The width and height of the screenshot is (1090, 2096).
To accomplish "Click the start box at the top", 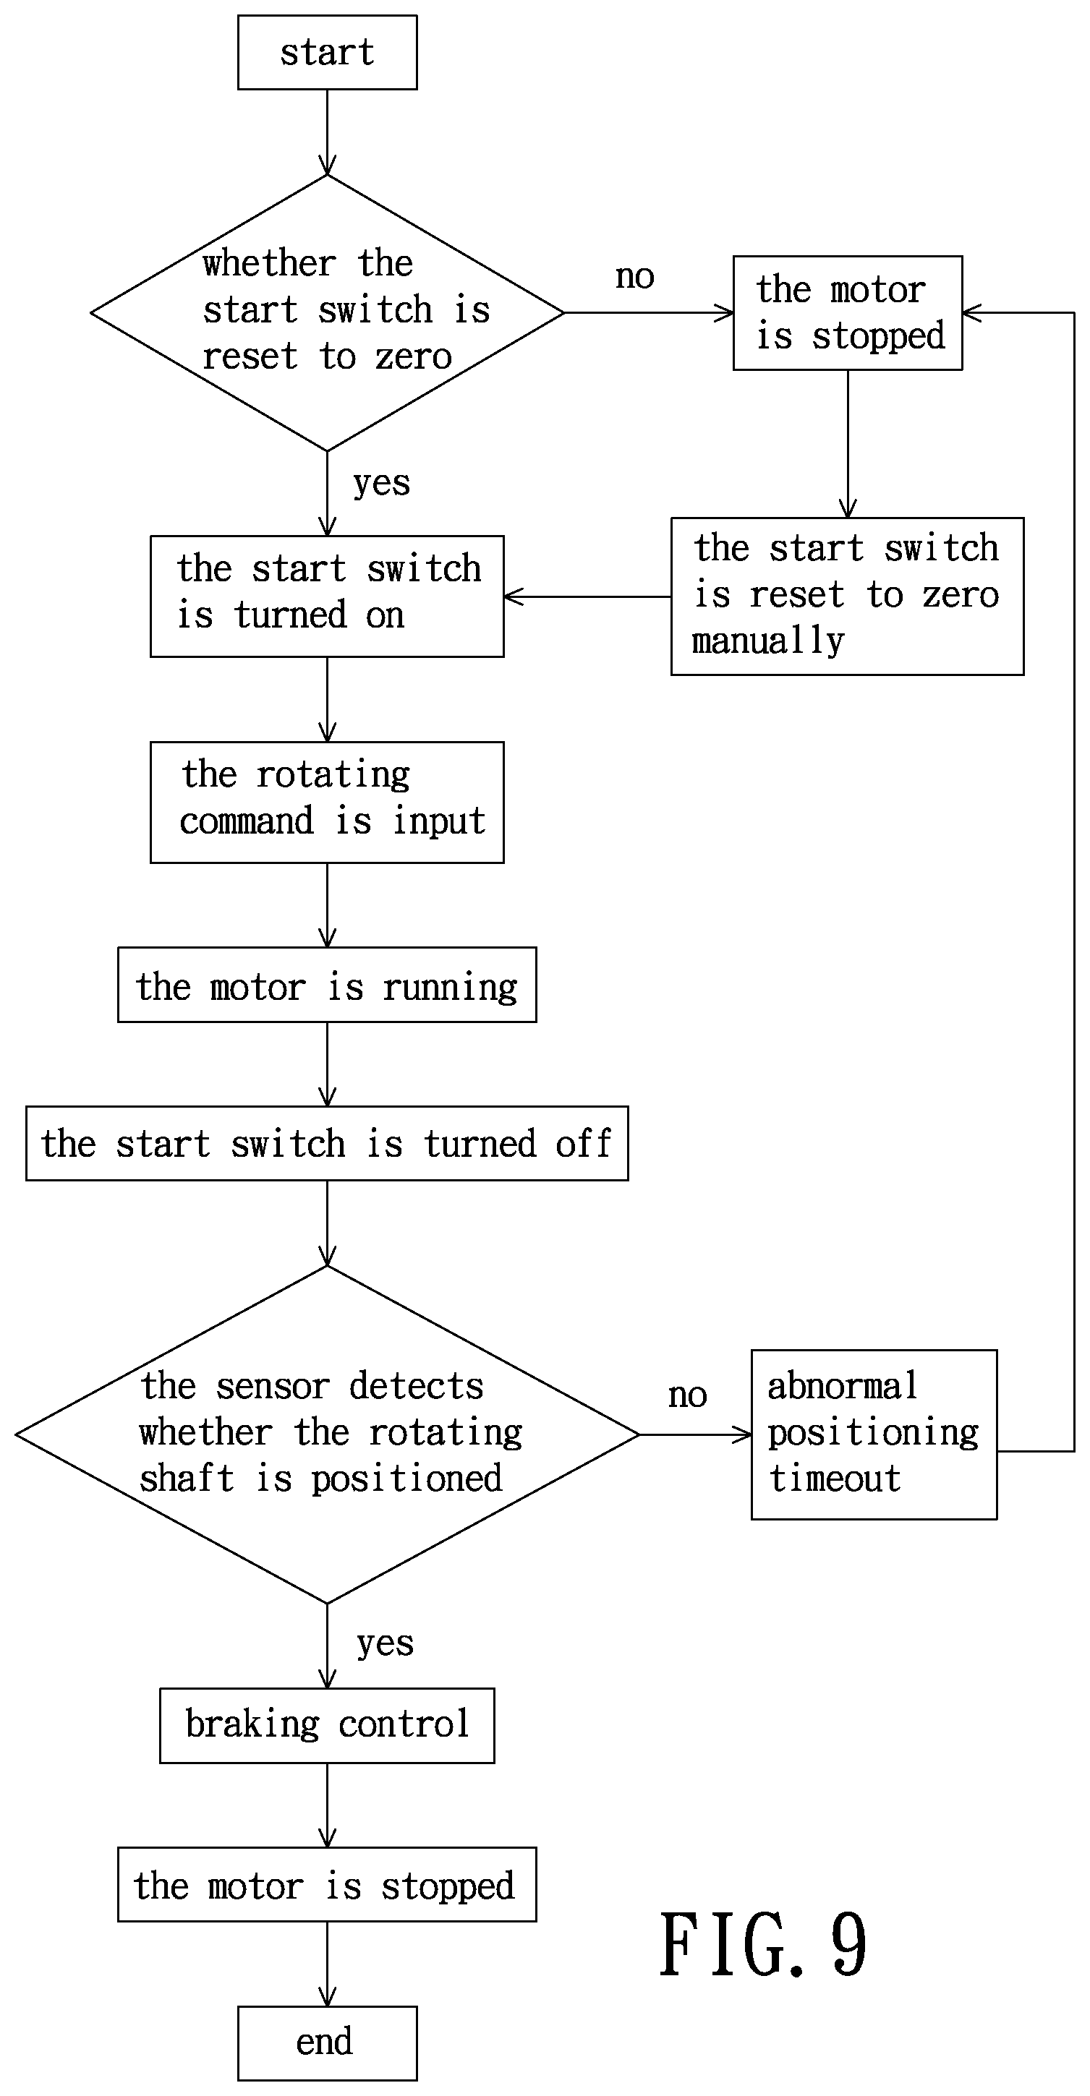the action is pyautogui.click(x=327, y=52).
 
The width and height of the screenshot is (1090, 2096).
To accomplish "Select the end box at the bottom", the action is pyautogui.click(x=327, y=2042).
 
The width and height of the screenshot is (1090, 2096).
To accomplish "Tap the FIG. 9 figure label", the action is pyautogui.click(x=764, y=1945).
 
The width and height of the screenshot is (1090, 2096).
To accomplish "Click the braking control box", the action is pyautogui.click(x=327, y=1725).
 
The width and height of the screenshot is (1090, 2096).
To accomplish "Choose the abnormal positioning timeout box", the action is pyautogui.click(x=874, y=1434).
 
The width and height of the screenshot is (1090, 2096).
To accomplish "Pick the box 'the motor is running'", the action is pyautogui.click(x=327, y=985).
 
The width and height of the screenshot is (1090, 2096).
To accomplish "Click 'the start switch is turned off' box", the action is pyautogui.click(x=327, y=1143).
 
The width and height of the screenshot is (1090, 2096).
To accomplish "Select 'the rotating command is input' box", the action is pyautogui.click(x=327, y=803).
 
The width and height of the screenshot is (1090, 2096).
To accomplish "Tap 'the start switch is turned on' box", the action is pyautogui.click(x=327, y=596).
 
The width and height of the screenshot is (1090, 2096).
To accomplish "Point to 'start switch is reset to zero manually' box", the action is pyautogui.click(x=848, y=596).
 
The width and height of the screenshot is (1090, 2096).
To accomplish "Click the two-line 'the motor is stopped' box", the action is pyautogui.click(x=848, y=313).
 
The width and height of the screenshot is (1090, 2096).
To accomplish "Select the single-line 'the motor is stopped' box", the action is pyautogui.click(x=327, y=1884).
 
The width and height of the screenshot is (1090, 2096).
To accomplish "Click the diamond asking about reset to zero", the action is pyautogui.click(x=327, y=312).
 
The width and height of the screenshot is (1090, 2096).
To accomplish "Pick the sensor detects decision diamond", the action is pyautogui.click(x=327, y=1434).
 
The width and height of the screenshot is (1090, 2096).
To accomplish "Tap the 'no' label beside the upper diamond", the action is pyautogui.click(x=635, y=277).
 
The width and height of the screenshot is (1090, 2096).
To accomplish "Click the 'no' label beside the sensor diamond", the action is pyautogui.click(x=688, y=1395).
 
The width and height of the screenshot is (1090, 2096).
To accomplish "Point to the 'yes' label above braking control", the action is pyautogui.click(x=385, y=1644).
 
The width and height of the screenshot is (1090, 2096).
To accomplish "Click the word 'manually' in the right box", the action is pyautogui.click(x=768, y=641).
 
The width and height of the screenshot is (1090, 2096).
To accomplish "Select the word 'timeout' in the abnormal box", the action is pyautogui.click(x=835, y=1479).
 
